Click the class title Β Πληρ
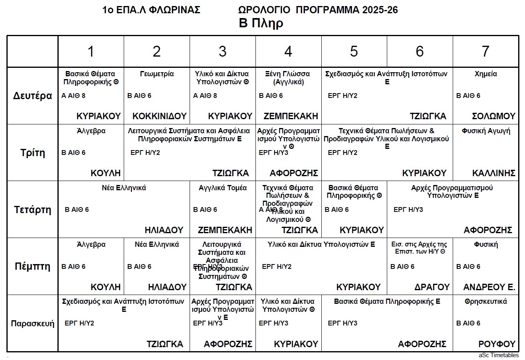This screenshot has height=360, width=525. click(x=261, y=23)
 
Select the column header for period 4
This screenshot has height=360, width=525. click(x=288, y=51)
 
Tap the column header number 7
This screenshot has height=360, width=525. click(x=485, y=51)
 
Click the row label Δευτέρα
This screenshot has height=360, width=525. click(x=33, y=96)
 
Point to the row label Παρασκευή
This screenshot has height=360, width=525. click(x=33, y=323)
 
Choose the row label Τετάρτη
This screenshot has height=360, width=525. click(x=33, y=209)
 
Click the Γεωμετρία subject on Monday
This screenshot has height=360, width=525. click(x=157, y=74)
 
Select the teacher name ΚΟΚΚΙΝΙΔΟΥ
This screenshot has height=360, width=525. click(x=159, y=116)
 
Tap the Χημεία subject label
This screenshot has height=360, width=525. click(x=486, y=74)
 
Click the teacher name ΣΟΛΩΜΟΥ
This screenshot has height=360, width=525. click(x=493, y=116)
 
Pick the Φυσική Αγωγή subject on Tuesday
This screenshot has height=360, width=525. click(x=486, y=131)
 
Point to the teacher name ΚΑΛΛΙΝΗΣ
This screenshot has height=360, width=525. click(x=494, y=173)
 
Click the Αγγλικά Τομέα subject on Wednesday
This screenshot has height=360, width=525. click(x=223, y=188)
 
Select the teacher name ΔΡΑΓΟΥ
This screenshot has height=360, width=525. click(x=432, y=287)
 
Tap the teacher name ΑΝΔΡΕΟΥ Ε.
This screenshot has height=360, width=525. click(x=489, y=287)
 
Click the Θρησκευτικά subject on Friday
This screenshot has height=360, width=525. click(x=486, y=301)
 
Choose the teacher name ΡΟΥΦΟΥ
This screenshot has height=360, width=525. click(x=496, y=344)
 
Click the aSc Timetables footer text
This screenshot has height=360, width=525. click(x=498, y=355)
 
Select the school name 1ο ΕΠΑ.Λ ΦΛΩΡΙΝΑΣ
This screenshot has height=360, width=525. click(x=151, y=10)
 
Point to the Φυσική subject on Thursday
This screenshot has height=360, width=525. click(x=486, y=244)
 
